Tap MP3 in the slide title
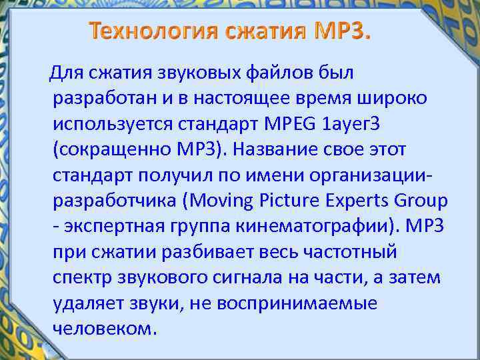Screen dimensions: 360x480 tap(337, 31)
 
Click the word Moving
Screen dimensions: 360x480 tap(223, 201)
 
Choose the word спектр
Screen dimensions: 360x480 tap(79, 278)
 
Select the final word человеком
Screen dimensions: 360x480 tap(104, 329)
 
